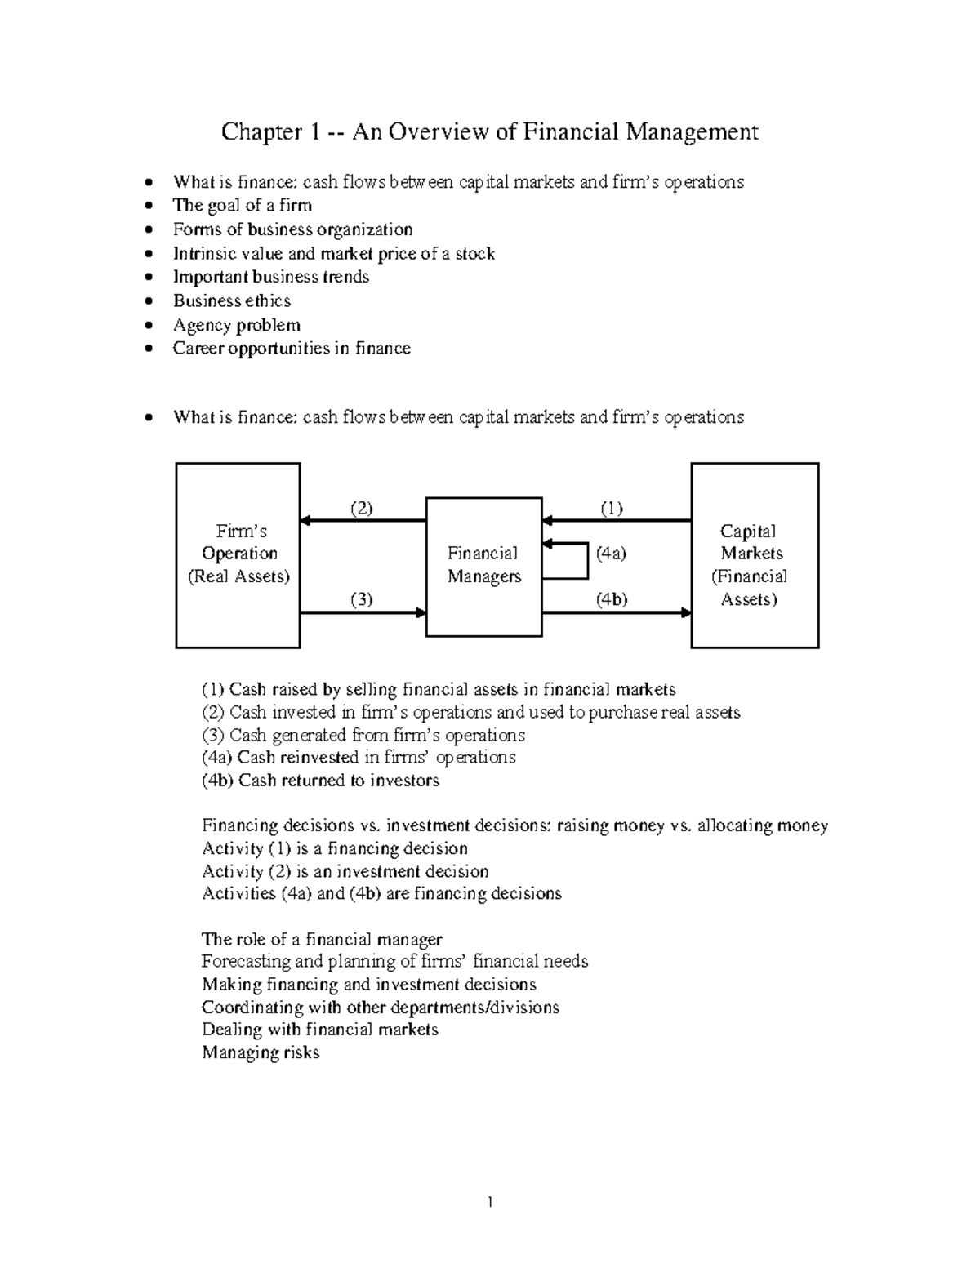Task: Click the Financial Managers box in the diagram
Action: click(483, 565)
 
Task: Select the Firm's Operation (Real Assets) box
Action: click(238, 554)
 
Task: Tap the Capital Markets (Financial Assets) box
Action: click(754, 555)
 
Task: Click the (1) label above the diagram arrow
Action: click(612, 508)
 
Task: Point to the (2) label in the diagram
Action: click(362, 508)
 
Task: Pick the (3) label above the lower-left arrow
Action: click(362, 599)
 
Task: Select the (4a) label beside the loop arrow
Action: click(611, 553)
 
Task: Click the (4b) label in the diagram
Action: click(611, 599)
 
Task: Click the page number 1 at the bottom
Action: click(489, 1202)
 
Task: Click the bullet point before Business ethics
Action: click(147, 301)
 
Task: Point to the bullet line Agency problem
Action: click(236, 325)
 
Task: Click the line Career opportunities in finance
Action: click(291, 349)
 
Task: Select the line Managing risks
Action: click(260, 1052)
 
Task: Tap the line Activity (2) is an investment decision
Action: click(345, 871)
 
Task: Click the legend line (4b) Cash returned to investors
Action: click(320, 781)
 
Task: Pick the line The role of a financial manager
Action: click(322, 939)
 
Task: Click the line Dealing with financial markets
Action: click(319, 1030)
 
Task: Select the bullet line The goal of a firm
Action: click(242, 206)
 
